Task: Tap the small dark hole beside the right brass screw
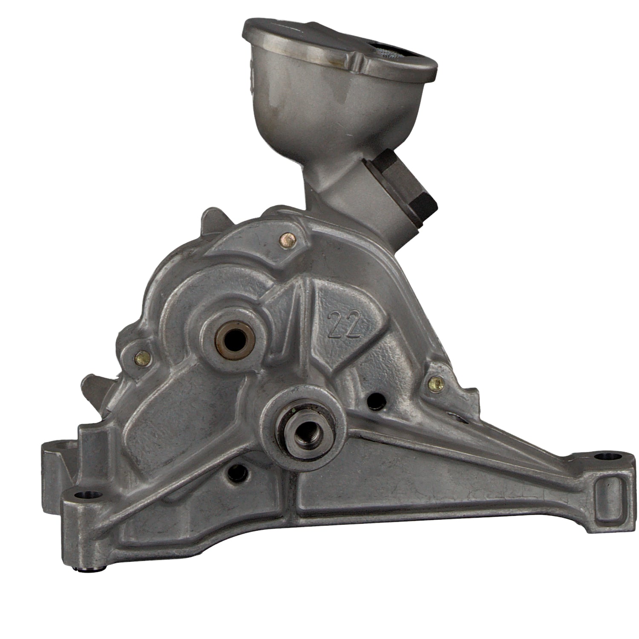(x=375, y=399)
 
